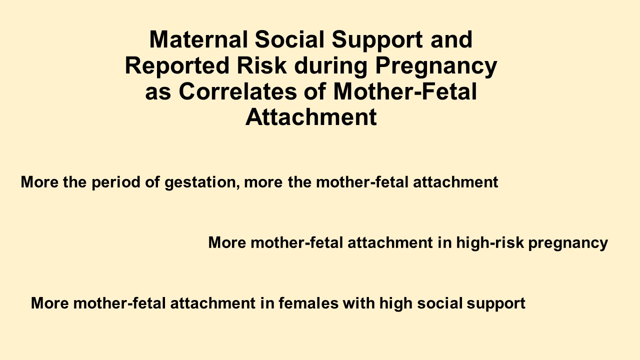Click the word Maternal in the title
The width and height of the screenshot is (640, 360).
pyautogui.click(x=198, y=39)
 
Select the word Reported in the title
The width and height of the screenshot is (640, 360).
pyautogui.click(x=177, y=66)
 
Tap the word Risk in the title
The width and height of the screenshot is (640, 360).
pyautogui.click(x=261, y=65)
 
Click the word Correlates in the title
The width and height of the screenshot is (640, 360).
pyautogui.click(x=237, y=91)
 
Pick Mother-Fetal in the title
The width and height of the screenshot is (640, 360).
pyautogui.click(x=405, y=91)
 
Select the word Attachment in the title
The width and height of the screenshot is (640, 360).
pyautogui.click(x=311, y=117)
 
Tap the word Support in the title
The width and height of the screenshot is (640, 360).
pyautogui.click(x=377, y=40)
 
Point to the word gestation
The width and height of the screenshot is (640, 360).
pyautogui.click(x=200, y=182)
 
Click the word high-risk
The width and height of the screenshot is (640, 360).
pyautogui.click(x=490, y=242)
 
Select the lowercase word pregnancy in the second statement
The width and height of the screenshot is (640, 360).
pyautogui.click(x=568, y=243)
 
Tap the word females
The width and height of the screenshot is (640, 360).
pyautogui.click(x=308, y=303)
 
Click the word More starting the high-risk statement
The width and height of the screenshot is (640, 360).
pyautogui.click(x=227, y=242)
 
